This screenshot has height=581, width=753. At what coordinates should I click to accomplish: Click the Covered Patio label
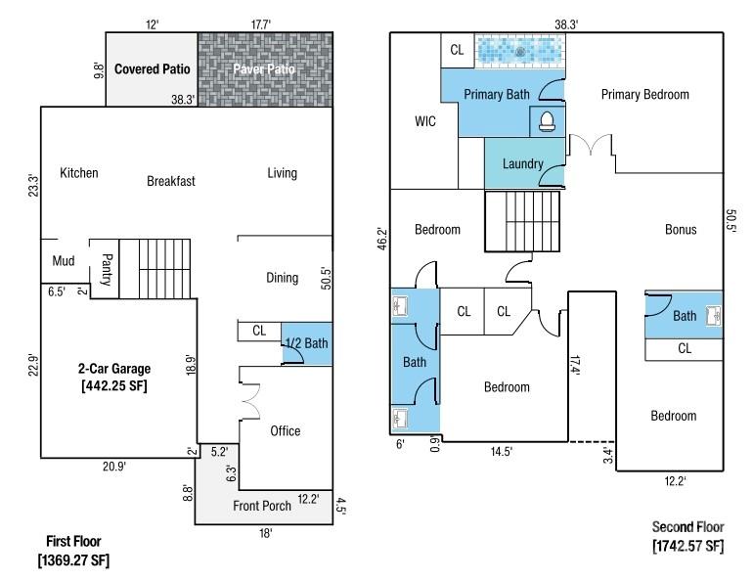pyautogui.click(x=153, y=69)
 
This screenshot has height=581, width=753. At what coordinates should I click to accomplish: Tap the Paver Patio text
pyautogui.click(x=264, y=69)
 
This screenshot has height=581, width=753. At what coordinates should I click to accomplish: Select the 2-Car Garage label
pyautogui.click(x=114, y=369)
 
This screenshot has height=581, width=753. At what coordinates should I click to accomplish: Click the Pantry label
pyautogui.click(x=107, y=269)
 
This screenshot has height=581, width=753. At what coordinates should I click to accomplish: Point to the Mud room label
pyautogui.click(x=64, y=261)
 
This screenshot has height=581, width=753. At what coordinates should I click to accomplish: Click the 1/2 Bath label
pyautogui.click(x=307, y=343)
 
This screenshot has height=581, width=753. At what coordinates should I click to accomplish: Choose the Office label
pyautogui.click(x=286, y=430)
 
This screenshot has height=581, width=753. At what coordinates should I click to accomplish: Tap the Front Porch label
pyautogui.click(x=262, y=506)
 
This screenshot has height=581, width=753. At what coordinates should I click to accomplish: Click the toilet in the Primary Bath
pyautogui.click(x=547, y=121)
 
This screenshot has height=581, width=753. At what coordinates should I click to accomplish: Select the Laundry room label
pyautogui.click(x=522, y=164)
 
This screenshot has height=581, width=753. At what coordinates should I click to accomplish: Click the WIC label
pyautogui.click(x=425, y=121)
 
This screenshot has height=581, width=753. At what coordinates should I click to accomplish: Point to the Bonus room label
pyautogui.click(x=681, y=230)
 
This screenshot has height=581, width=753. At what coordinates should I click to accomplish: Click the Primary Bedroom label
pyautogui.click(x=645, y=95)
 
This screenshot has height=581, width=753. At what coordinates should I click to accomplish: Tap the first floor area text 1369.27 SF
pyautogui.click(x=73, y=560)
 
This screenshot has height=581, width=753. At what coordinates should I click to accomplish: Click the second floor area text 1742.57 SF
pyautogui.click(x=687, y=546)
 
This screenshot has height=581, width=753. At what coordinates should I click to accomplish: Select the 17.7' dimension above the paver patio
pyautogui.click(x=261, y=24)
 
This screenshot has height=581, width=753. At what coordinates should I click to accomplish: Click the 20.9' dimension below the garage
pyautogui.click(x=114, y=467)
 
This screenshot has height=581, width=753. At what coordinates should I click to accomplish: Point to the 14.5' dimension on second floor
pyautogui.click(x=502, y=451)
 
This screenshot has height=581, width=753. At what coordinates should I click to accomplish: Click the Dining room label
pyautogui.click(x=283, y=278)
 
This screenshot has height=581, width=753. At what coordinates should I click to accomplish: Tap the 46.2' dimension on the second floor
pyautogui.click(x=382, y=239)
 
